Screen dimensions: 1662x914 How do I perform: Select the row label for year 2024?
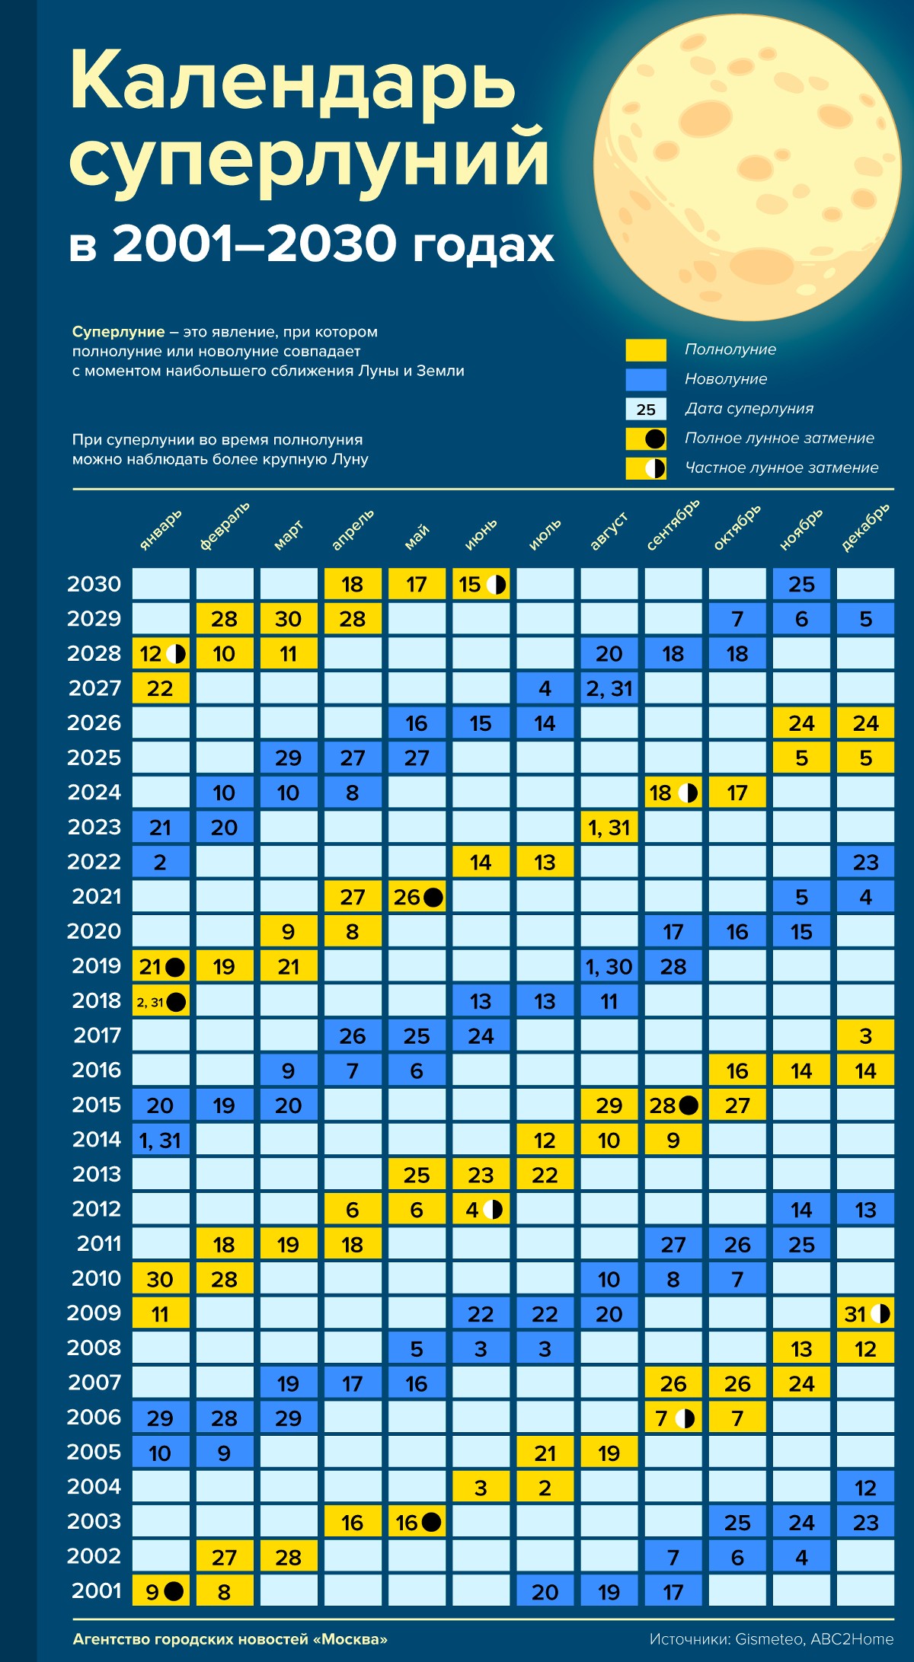[x=94, y=793]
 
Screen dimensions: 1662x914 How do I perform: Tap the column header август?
[x=609, y=531]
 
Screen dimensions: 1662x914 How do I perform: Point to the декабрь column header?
[x=865, y=527]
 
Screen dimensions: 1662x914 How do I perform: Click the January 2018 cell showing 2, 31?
[x=161, y=1002]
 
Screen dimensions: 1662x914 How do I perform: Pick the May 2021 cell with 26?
[x=417, y=897]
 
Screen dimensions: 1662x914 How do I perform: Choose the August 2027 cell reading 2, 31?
[x=609, y=688]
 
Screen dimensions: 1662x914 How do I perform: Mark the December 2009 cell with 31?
[x=865, y=1314]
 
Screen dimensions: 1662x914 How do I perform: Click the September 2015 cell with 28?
[x=673, y=1105]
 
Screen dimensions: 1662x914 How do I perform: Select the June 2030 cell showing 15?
[x=481, y=585]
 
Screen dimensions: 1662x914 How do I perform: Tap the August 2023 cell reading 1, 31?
[x=609, y=828]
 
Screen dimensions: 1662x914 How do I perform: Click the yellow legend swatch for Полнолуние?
[x=646, y=350]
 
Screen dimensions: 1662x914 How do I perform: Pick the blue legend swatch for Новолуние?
[x=646, y=379]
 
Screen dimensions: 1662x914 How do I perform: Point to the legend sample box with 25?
[x=646, y=410]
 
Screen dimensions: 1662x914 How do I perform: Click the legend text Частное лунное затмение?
[x=781, y=467]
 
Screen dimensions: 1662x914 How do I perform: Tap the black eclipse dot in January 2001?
[x=174, y=1591]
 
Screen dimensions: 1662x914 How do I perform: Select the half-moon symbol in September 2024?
[x=688, y=793]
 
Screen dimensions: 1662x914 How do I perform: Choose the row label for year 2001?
[x=96, y=1590]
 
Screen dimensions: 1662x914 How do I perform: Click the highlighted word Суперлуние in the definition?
[x=118, y=332]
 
